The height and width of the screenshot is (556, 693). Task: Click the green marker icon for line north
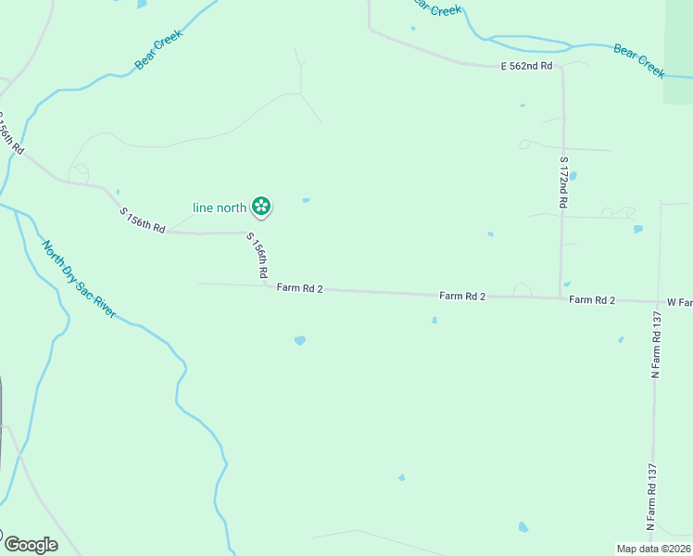pyautogui.click(x=261, y=207)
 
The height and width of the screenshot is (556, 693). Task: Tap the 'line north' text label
pyautogui.click(x=219, y=208)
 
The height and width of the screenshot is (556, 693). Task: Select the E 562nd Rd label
pyautogui.click(x=526, y=66)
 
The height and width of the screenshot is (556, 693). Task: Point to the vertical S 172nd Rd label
pyautogui.click(x=562, y=182)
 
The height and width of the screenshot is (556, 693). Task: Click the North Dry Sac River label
pyautogui.click(x=79, y=279)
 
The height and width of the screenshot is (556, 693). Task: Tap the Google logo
pyautogui.click(x=30, y=545)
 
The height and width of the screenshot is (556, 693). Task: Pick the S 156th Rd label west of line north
pyautogui.click(x=143, y=221)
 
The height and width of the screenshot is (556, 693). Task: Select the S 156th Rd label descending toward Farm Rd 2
pyautogui.click(x=257, y=256)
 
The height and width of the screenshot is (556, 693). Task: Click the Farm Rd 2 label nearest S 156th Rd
pyautogui.click(x=299, y=289)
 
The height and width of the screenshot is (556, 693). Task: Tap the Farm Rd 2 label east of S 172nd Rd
pyautogui.click(x=592, y=299)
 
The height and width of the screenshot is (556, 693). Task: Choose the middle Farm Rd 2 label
pyautogui.click(x=462, y=296)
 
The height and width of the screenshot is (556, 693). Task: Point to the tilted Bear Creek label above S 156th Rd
pyautogui.click(x=159, y=50)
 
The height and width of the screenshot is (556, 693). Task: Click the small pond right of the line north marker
pyautogui.click(x=306, y=199)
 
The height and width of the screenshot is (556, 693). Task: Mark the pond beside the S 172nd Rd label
pyautogui.click(x=573, y=175)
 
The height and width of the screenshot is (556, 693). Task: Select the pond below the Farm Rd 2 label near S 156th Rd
pyautogui.click(x=299, y=341)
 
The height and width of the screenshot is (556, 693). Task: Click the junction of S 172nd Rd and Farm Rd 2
pyautogui.click(x=561, y=297)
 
